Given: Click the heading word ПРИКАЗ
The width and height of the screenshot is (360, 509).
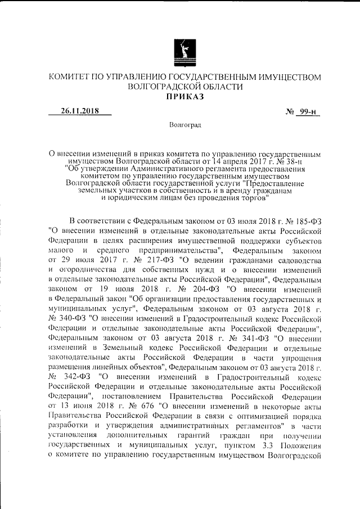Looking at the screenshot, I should (x=185, y=97).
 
